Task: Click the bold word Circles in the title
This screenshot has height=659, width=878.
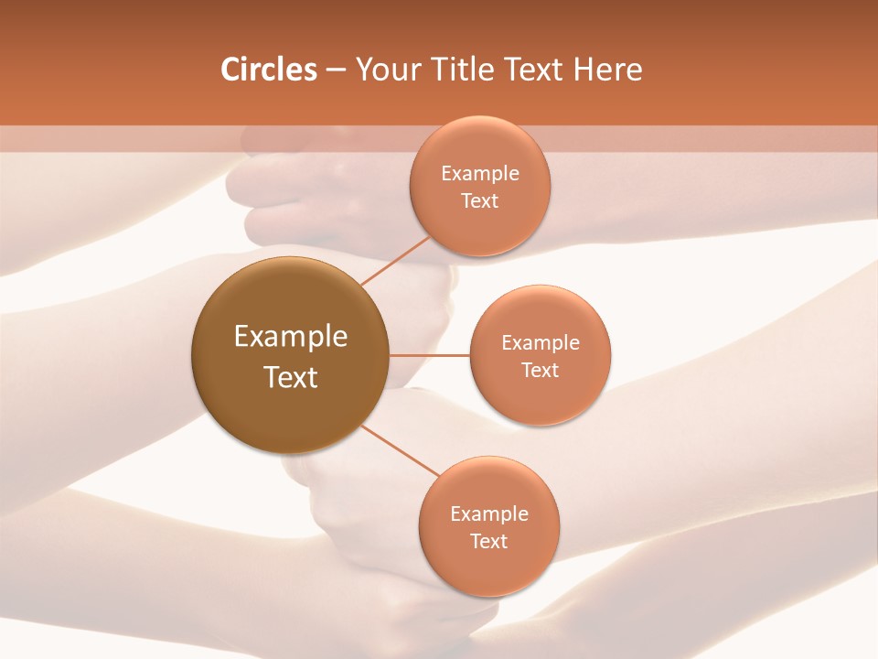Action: coord(268,70)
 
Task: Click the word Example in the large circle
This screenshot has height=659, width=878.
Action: coord(291,337)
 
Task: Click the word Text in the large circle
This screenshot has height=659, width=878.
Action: coord(291,377)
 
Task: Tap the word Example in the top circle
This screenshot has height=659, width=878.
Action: coord(480,174)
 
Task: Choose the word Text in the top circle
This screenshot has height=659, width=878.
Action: coord(480,201)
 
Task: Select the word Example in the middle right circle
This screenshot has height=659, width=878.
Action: coord(541,343)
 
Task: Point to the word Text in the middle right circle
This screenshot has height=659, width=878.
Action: coord(541,371)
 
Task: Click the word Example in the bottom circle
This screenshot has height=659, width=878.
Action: coord(489,514)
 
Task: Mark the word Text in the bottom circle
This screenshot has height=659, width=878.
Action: coord(489,542)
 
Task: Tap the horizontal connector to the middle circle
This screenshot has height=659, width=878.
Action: coord(430,355)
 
